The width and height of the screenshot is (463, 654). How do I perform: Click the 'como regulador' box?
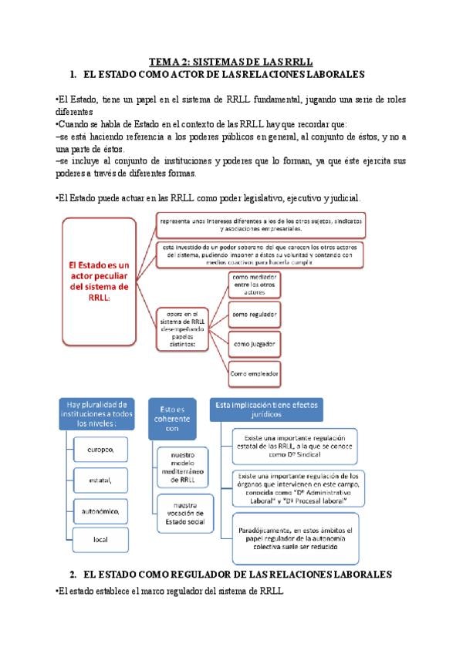tap(255, 315)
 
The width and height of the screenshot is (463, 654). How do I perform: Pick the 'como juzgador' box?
tap(255, 343)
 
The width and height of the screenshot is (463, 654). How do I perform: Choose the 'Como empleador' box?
tap(255, 373)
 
